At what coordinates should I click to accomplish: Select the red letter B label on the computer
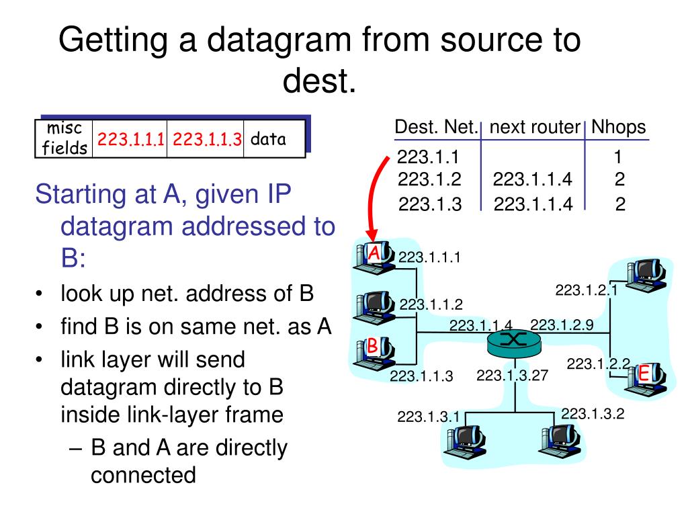click(x=372, y=347)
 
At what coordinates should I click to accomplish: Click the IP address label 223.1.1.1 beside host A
click(x=429, y=256)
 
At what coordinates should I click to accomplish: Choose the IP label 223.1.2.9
click(x=562, y=325)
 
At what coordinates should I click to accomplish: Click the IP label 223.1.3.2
click(x=593, y=414)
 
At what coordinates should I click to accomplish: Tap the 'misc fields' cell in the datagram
click(x=64, y=139)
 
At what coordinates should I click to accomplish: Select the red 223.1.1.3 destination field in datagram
click(x=206, y=140)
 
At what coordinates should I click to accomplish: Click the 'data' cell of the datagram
click(x=268, y=139)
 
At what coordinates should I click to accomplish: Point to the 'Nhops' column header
click(x=619, y=127)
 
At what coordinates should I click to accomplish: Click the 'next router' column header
click(x=534, y=127)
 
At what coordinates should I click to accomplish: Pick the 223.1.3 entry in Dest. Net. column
click(x=429, y=204)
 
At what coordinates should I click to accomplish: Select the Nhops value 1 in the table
click(x=618, y=158)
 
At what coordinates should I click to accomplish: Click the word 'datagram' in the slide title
click(x=264, y=41)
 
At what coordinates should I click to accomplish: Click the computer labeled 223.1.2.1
click(x=644, y=272)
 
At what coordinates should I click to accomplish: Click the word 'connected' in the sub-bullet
click(x=143, y=475)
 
